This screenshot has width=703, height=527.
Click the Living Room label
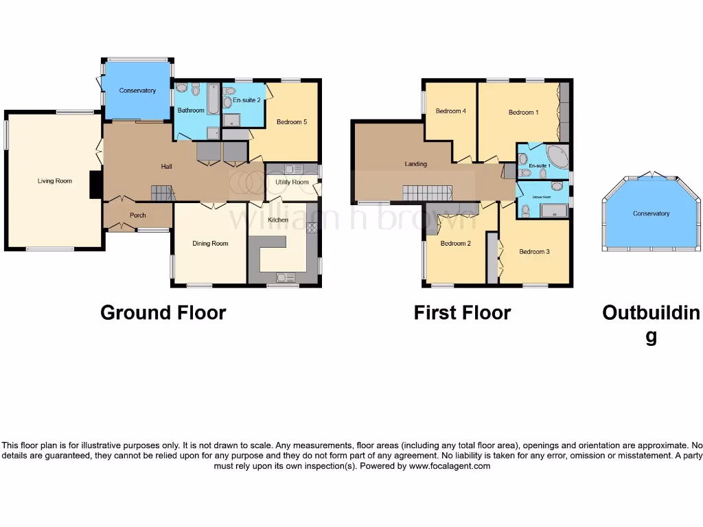click(x=55, y=181)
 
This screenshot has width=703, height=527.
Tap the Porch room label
click(x=138, y=215)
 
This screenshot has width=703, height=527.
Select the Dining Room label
click(x=210, y=244)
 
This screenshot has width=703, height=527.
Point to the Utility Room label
click(x=292, y=182)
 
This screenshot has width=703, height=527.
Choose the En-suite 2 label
click(x=246, y=100)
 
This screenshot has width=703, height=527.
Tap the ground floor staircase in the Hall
click(x=162, y=194)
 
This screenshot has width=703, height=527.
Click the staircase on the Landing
click(x=427, y=193)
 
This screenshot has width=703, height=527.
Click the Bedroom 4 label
click(x=450, y=111)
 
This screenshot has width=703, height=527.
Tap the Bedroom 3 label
click(x=534, y=252)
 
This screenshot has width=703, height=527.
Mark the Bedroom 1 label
click(x=523, y=112)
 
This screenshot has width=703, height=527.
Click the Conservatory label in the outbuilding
click(x=651, y=213)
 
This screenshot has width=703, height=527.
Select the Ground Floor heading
click(x=163, y=313)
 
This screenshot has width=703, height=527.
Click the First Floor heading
click(x=462, y=313)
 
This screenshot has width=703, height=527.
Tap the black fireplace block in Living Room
click(x=95, y=184)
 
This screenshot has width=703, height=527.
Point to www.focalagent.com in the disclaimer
click(x=449, y=466)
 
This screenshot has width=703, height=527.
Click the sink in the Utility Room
click(x=294, y=169)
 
